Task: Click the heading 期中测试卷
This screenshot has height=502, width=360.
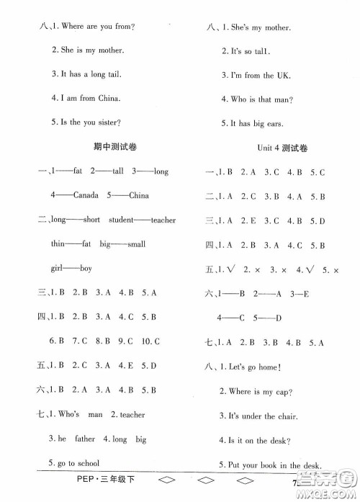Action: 115,147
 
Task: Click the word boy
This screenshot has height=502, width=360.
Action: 86,269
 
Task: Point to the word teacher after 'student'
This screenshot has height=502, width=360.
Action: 163,220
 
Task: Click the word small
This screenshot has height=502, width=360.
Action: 136,244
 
